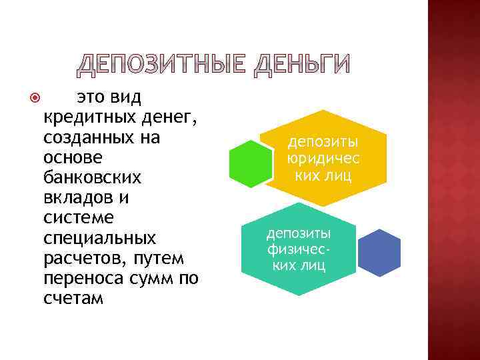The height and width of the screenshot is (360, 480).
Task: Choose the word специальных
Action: (99, 238)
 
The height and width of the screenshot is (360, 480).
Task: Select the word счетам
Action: (73, 298)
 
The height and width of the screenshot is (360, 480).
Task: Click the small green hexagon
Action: (251, 163)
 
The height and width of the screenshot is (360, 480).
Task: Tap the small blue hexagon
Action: (379, 253)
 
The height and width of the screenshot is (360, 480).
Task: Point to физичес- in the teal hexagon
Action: (299, 250)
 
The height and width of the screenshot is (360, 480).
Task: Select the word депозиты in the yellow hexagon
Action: (323, 143)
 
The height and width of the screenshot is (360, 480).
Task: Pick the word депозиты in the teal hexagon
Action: (299, 233)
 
